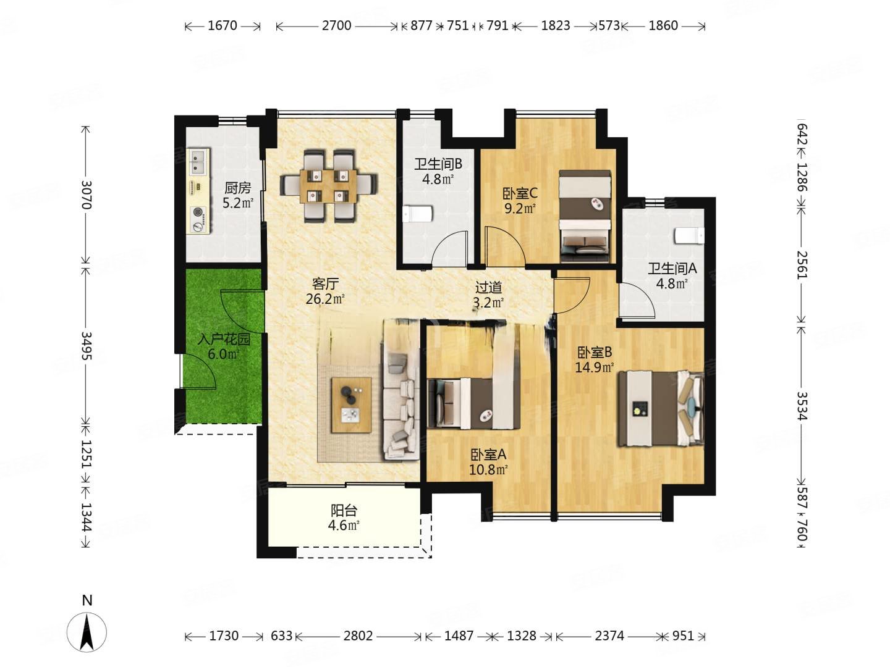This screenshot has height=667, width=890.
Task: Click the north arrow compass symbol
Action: point(87,631)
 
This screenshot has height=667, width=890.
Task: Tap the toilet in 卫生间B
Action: point(418,214)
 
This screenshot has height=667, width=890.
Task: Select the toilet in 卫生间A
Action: point(689,235)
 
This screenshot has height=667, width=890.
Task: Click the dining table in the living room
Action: point(328,187)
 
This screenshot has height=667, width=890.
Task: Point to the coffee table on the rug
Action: point(351,405)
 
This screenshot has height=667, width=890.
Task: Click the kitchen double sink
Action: point(198,162)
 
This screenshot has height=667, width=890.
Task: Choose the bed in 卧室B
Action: point(660,409)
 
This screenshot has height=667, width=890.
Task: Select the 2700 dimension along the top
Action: point(336,25)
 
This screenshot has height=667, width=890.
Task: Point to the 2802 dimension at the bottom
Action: point(358,636)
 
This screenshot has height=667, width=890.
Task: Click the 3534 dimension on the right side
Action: point(802,406)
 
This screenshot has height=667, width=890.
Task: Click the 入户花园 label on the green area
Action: point(223,340)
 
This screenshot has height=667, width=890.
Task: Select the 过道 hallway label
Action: point(488,288)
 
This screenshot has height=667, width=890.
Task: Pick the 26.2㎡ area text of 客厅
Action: point(324,299)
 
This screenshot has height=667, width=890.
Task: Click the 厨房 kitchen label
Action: point(237,188)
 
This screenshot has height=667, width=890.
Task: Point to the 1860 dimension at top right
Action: point(663,25)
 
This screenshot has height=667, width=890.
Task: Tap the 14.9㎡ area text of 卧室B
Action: point(594,367)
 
